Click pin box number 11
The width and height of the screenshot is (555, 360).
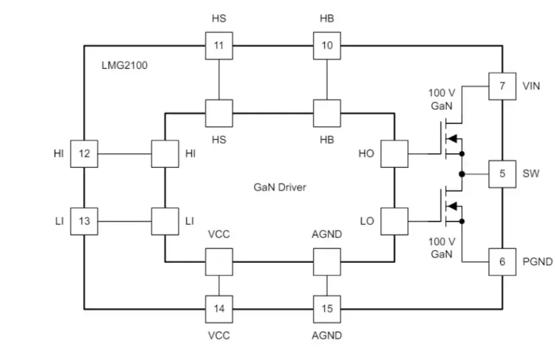219,46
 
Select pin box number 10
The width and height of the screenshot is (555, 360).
327,46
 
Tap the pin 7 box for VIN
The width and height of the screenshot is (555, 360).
502,86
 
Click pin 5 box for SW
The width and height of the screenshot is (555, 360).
502,173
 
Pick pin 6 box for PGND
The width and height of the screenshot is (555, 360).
502,261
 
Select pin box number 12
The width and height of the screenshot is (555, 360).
84,153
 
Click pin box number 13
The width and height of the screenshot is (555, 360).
84,220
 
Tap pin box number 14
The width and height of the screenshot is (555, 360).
219,308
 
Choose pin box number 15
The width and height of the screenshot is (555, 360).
327,308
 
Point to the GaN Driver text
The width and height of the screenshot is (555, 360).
280,187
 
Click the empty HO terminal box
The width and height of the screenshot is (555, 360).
394,153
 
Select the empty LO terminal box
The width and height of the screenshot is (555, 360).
394,220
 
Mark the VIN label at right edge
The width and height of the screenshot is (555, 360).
532,86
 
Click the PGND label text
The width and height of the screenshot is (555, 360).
537,262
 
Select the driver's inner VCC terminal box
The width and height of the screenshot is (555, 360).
219,262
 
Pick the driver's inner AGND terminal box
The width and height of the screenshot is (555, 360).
327,262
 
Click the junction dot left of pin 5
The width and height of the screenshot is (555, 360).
462,173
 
